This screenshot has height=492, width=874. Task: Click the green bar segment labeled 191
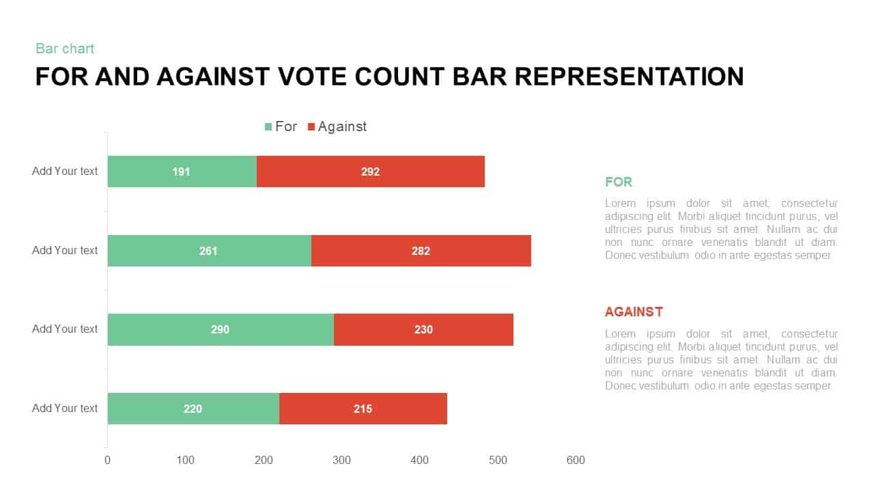182,172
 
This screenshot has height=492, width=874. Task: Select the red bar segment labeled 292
371,172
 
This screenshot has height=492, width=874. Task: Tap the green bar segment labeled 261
209,251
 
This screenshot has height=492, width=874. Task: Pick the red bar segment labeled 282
421,251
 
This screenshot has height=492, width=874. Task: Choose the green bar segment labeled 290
221,329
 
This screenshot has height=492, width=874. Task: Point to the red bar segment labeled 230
423,329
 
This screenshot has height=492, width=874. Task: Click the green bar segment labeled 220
193,409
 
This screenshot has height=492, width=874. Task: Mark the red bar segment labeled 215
363,409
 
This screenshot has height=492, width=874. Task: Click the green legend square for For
268,126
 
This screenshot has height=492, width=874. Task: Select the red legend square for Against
311,126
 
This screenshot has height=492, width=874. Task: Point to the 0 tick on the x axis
107,461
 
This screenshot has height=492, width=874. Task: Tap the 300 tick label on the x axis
341,461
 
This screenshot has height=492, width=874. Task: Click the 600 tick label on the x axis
576,461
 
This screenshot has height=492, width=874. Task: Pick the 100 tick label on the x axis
186,461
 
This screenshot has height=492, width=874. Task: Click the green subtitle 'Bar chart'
65,49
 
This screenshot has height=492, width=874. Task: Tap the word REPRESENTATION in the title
629,77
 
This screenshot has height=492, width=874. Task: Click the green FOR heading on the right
619,182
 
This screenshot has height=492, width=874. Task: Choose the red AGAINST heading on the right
634,312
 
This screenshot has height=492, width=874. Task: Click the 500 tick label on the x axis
498,461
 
